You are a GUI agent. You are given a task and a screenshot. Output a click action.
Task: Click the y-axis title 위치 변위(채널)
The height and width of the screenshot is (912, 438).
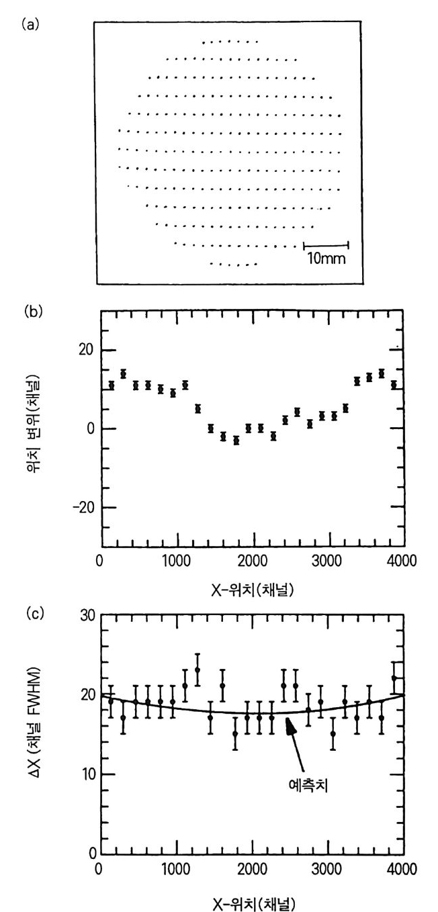pyautogui.click(x=48, y=428)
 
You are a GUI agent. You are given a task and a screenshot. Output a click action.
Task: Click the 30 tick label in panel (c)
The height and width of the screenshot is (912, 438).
pyautogui.click(x=85, y=615)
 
